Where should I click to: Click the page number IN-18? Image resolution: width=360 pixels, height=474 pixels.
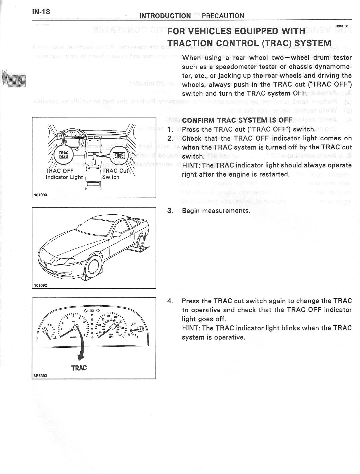41,12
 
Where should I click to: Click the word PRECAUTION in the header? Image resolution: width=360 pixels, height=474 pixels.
223,16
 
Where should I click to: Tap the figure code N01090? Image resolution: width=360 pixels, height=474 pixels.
40,195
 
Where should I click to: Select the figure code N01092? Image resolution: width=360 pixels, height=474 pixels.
40,285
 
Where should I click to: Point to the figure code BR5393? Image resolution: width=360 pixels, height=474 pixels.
40,376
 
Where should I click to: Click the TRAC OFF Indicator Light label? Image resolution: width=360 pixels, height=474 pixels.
64,174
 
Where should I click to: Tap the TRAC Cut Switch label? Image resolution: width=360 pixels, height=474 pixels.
115,174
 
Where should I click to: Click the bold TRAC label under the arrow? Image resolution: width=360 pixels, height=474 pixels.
79,368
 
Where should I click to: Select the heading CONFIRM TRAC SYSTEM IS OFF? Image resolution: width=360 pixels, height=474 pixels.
237,120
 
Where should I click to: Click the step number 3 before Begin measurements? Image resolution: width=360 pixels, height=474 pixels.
170,211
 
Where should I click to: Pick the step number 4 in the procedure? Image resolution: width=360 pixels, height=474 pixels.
170,301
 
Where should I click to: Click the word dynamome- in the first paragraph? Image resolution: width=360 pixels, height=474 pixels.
333,67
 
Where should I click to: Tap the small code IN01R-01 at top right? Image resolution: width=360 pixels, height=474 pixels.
342,26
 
